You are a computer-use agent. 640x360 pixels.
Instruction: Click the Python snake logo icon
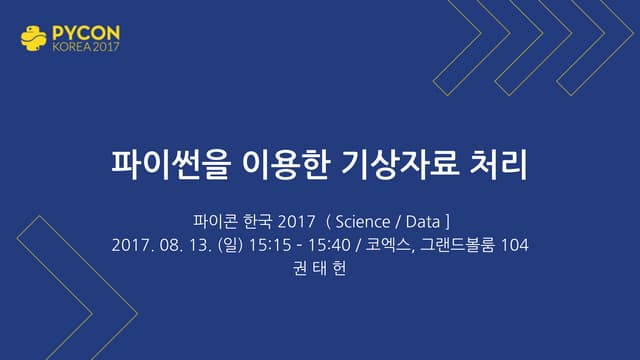[x=34, y=37]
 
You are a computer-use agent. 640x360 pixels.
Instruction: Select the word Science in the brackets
[x=362, y=221]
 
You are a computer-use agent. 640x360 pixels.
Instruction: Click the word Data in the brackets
[x=424, y=221]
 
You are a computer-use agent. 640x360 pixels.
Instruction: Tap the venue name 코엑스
[x=385, y=245]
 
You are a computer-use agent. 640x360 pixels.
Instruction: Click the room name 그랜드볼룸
[x=455, y=245]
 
